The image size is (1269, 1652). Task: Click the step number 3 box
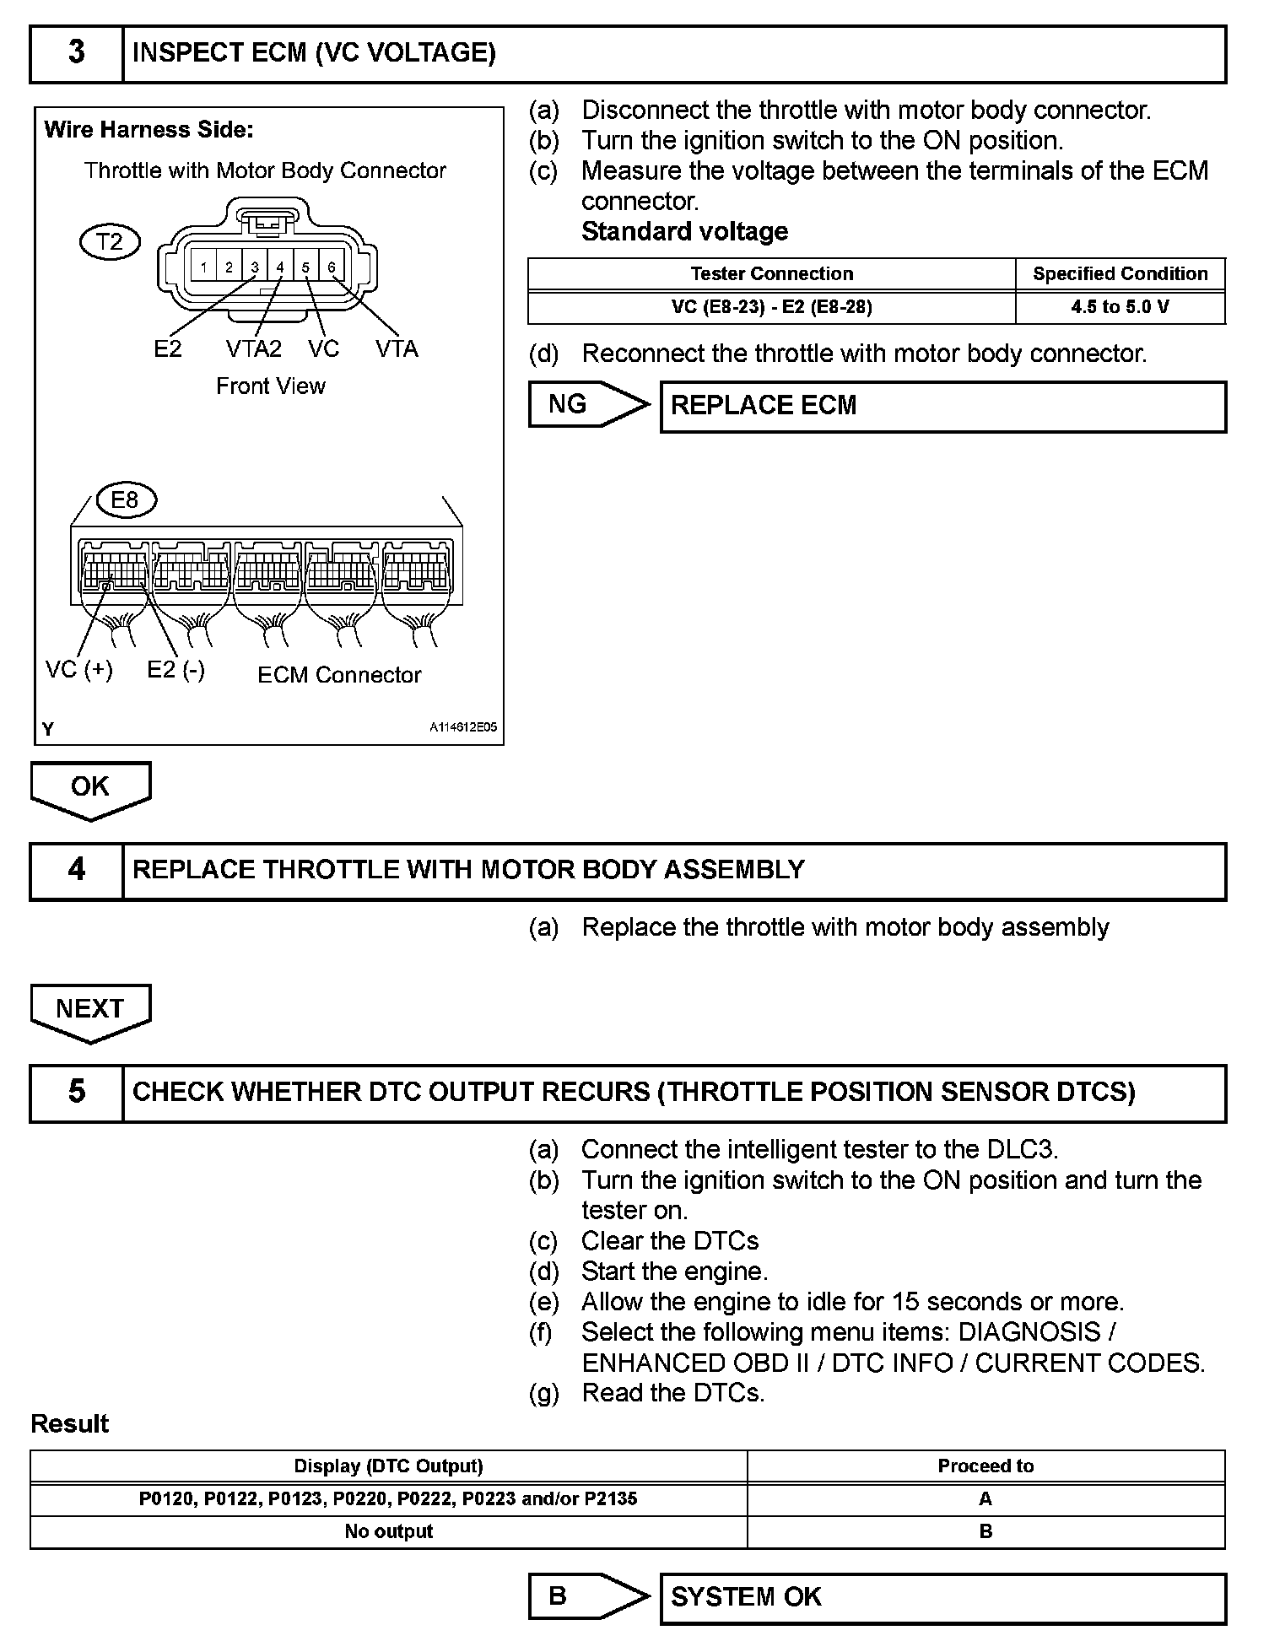(77, 53)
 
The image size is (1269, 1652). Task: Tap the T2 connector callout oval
(110, 242)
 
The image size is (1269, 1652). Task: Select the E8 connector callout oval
(125, 500)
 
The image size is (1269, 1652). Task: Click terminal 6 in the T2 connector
(332, 267)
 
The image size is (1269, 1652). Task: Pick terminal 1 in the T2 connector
(203, 267)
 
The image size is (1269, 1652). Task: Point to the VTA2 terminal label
(253, 348)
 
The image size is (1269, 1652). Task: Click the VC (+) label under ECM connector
(78, 670)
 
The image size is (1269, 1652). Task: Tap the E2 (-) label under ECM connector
(175, 670)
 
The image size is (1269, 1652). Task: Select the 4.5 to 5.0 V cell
(1120, 307)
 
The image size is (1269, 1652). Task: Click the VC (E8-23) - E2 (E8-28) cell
(771, 307)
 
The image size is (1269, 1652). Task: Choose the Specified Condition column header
(1120, 273)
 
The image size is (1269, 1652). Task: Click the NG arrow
(588, 405)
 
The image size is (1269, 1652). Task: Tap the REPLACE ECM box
(942, 407)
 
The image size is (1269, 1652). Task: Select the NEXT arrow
(90, 1011)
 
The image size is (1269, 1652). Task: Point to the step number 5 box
(77, 1093)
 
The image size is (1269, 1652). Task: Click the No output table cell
(388, 1531)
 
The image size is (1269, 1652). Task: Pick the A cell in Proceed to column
(985, 1498)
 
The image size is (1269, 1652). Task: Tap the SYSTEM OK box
(942, 1598)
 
